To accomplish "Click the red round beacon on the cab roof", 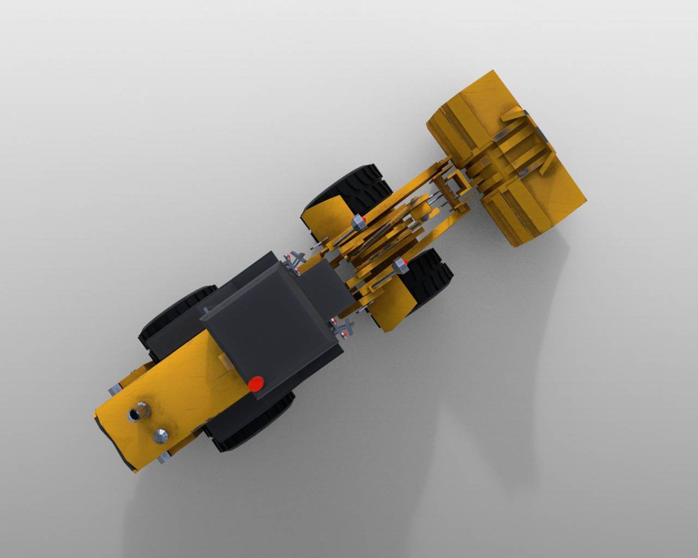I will (255, 384).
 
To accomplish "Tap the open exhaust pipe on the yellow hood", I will (134, 415).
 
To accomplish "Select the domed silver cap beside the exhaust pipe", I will (161, 434).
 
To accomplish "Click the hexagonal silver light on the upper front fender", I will (358, 222).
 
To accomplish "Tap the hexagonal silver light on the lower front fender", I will (400, 265).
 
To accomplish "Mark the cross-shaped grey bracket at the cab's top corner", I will (294, 260).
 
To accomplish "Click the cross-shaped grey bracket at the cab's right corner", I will (344, 326).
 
